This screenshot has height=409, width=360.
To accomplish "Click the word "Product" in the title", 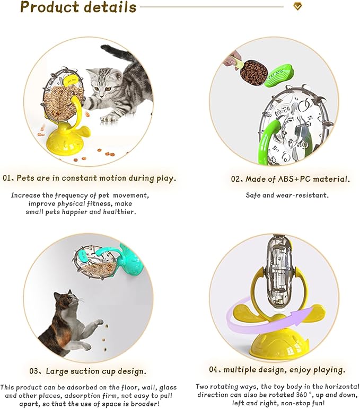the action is point(49,7).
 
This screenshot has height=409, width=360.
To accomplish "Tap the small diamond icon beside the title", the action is point(297,6).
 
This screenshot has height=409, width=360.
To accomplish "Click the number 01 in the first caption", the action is point(6,179).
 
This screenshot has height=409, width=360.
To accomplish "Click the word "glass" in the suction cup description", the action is point(168,388).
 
